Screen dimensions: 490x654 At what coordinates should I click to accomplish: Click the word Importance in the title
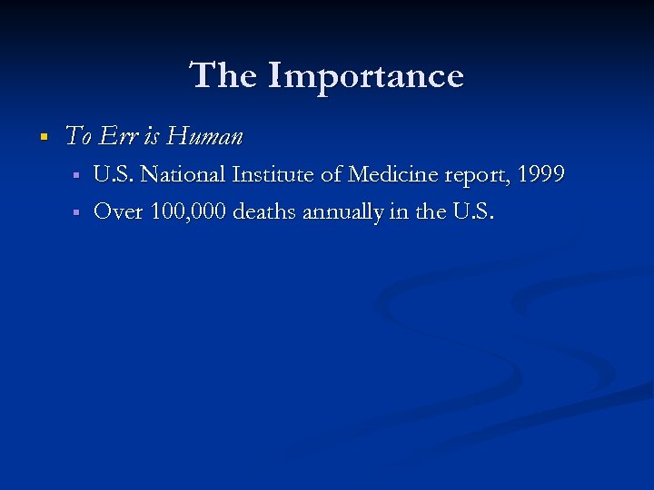365,75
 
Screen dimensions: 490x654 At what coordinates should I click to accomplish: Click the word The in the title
224,75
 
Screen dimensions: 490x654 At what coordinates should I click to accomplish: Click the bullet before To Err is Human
42,138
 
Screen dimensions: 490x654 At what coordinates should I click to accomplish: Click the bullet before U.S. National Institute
77,175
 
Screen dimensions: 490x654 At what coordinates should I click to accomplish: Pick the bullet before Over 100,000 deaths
77,212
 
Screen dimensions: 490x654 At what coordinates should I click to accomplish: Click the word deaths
266,211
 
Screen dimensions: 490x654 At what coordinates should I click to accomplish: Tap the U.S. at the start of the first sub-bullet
114,174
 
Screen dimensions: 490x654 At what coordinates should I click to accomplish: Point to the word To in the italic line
79,137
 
